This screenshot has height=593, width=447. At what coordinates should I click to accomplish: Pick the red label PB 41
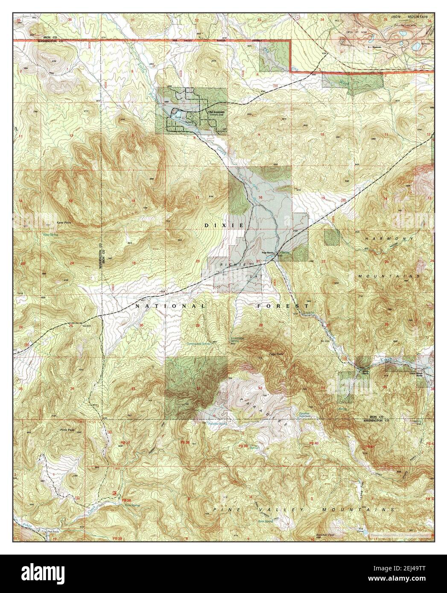pos(370,446)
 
